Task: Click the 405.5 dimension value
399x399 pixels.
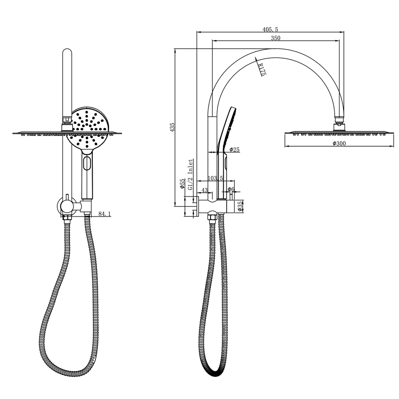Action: tap(270, 30)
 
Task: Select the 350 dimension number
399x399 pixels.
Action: tap(275, 38)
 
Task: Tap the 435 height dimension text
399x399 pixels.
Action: tap(172, 127)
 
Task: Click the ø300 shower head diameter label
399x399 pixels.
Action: tap(339, 143)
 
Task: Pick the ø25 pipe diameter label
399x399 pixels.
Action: tap(234, 150)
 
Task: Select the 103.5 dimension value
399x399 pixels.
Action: tap(215, 178)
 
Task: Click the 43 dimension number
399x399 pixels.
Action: tap(205, 190)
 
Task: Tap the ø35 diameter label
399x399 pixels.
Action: tap(240, 207)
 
